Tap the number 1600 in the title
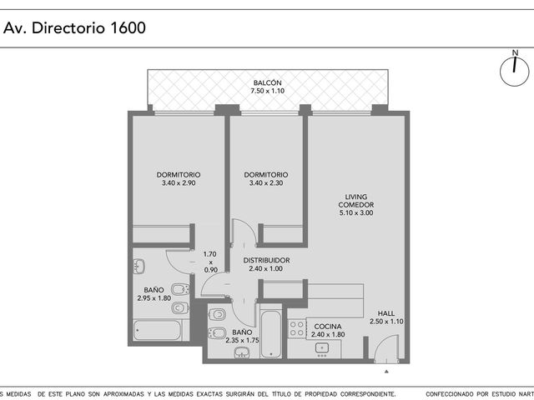point(128,27)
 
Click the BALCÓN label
point(267,82)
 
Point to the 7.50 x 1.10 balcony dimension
point(267,91)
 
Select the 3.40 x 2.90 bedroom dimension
point(179,183)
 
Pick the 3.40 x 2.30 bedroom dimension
point(266,183)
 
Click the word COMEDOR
point(356,205)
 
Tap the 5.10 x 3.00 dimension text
point(356,213)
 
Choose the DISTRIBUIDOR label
point(266,261)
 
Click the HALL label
point(385,313)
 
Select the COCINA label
point(328,327)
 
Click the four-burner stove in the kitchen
point(297,328)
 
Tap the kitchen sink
point(322,348)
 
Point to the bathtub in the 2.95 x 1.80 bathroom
point(157,330)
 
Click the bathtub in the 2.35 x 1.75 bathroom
point(271,333)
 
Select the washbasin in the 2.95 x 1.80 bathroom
point(139,267)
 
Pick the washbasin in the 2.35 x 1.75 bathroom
point(242,352)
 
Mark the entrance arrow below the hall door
point(386,372)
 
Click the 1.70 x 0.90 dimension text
point(210,262)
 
